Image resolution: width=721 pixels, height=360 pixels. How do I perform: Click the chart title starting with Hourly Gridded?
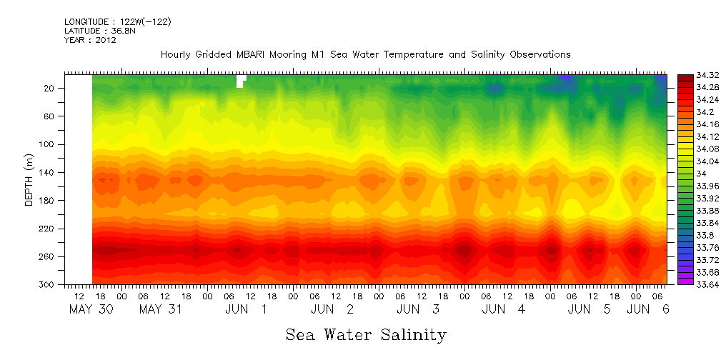click(365, 55)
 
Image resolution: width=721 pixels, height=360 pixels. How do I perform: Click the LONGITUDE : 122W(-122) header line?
click(118, 22)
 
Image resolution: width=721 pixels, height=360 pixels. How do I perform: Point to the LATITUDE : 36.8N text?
click(98, 31)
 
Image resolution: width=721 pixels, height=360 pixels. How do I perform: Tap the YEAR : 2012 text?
click(90, 40)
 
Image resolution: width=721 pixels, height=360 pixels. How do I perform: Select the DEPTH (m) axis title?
click(29, 179)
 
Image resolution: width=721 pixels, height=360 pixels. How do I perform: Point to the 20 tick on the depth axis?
click(50, 88)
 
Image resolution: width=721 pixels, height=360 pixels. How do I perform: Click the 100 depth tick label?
click(48, 144)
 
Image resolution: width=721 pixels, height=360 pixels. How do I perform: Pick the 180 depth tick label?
click(48, 201)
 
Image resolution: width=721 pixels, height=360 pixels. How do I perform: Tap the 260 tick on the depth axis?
click(48, 256)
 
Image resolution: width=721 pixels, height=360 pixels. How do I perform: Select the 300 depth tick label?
click(48, 284)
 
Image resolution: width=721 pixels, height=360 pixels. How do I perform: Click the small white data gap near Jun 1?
click(241, 81)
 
